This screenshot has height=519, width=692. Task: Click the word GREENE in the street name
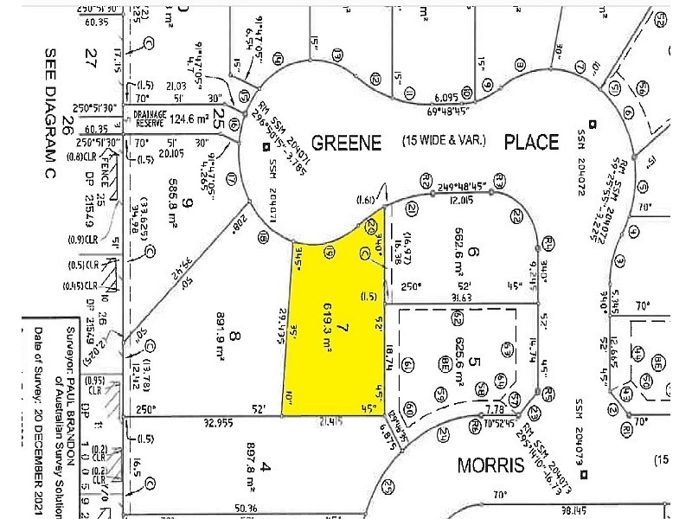[346, 143]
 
